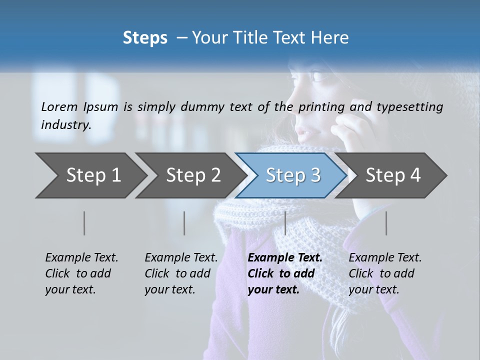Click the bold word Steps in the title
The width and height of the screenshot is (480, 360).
click(145, 38)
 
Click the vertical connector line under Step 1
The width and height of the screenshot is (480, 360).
click(84, 223)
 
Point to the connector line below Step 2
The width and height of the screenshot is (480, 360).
click(184, 223)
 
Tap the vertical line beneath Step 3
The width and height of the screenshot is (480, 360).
click(285, 223)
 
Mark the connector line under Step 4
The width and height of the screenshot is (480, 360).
click(386, 223)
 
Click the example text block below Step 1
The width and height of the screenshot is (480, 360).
click(81, 273)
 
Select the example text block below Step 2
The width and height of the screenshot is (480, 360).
click(181, 273)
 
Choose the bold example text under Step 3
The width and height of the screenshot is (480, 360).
click(285, 273)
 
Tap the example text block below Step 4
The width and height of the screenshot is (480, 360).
click(385, 273)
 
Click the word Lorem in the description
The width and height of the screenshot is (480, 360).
click(59, 107)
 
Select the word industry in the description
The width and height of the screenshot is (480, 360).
click(66, 125)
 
